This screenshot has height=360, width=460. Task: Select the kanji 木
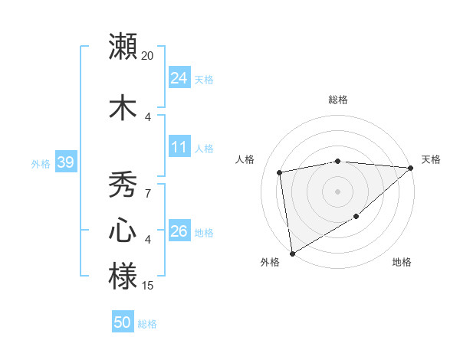point(123,107)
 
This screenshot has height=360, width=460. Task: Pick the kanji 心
point(123,231)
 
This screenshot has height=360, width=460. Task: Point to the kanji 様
point(123,277)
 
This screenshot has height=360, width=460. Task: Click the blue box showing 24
point(179,78)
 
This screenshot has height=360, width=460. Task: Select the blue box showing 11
point(179,147)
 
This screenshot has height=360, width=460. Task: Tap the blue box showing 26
point(179,231)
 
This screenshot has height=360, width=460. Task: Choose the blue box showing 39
point(65,162)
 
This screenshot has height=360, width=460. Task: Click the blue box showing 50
point(123,322)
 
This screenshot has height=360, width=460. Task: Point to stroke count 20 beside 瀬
point(148,56)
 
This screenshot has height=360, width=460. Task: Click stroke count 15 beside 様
point(148,286)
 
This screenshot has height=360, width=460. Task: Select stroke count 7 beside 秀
point(148,193)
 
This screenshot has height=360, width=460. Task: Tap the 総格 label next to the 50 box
point(148,324)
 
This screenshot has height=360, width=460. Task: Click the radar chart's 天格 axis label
point(431,159)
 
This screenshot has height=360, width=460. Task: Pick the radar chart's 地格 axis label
point(402,262)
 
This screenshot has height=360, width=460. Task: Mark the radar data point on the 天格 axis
point(410,168)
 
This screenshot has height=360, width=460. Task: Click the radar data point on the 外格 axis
point(292,253)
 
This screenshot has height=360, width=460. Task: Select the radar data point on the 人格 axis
point(280,172)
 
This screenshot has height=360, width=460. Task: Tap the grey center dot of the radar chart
point(337,191)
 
